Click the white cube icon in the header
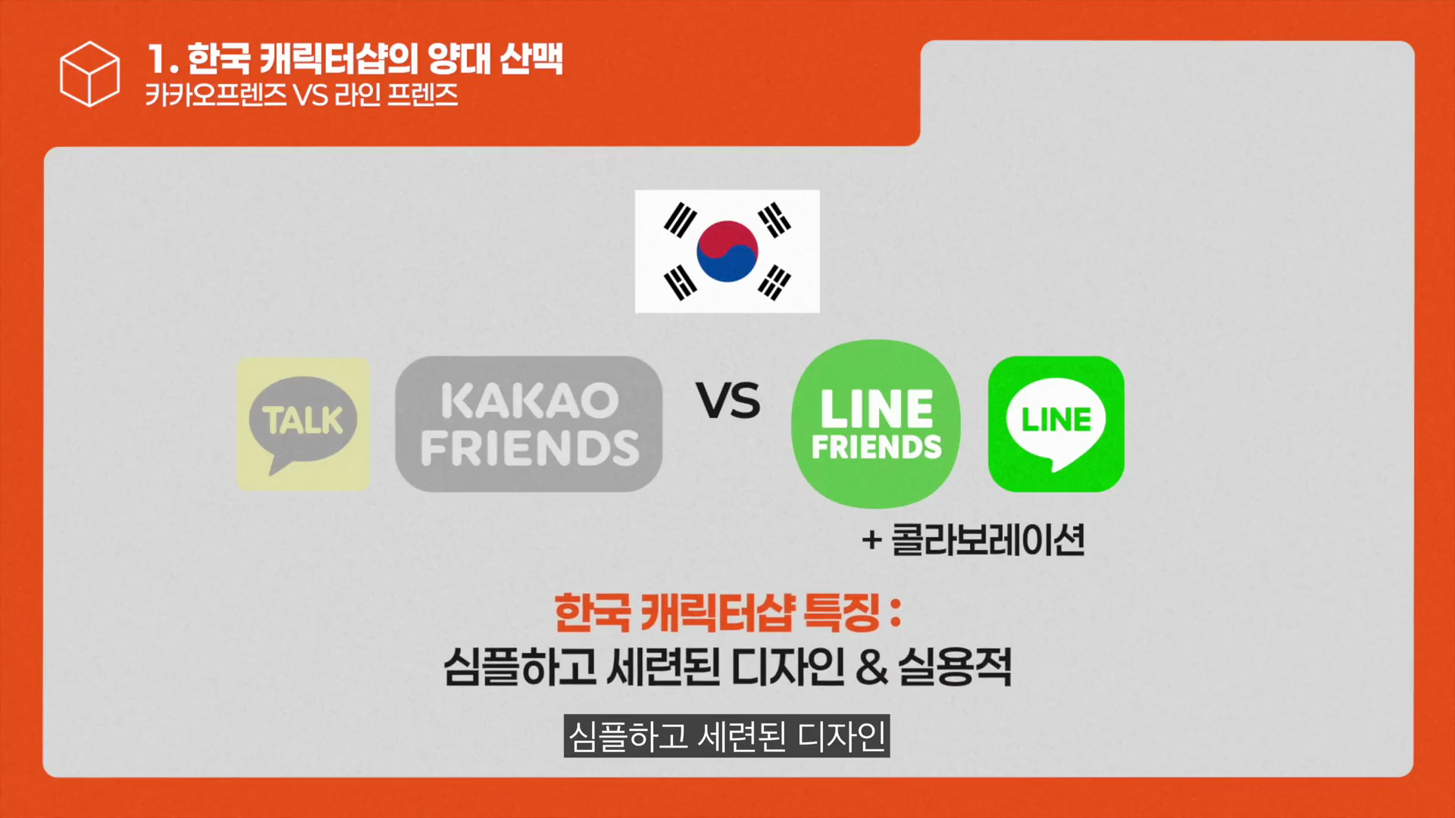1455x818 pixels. tap(89, 73)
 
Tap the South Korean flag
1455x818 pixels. tap(727, 251)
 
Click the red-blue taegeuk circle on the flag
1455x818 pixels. tap(727, 251)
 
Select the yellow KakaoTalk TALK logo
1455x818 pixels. tap(303, 423)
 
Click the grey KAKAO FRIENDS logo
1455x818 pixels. tap(529, 424)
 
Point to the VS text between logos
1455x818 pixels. tap(728, 401)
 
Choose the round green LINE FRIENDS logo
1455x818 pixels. tap(876, 423)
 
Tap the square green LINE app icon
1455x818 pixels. tap(1056, 424)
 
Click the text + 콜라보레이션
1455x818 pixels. tap(974, 540)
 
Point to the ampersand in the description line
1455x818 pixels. tap(872, 667)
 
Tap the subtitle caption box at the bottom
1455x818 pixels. tap(727, 735)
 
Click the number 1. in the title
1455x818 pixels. tap(163, 59)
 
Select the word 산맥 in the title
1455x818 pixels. tap(531, 58)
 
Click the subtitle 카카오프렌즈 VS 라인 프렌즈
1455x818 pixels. tap(302, 95)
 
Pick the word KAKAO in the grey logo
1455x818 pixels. tap(530, 401)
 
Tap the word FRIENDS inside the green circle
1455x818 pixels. tap(877, 447)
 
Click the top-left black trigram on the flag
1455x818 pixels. tap(680, 220)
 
